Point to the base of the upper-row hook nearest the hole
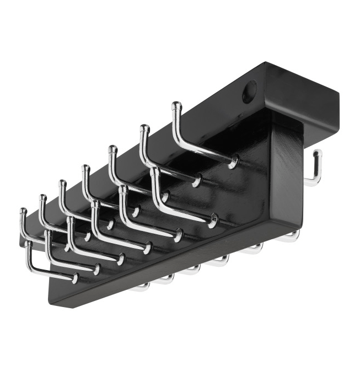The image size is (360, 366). click(x=234, y=161)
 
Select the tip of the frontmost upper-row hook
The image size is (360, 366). click(x=23, y=212)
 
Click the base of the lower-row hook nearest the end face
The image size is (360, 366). click(x=212, y=222)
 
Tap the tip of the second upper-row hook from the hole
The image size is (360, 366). click(x=144, y=129)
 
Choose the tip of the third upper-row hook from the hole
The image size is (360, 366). click(x=112, y=149)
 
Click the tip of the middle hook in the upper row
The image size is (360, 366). click(x=85, y=168)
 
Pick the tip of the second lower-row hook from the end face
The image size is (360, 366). click(x=123, y=189)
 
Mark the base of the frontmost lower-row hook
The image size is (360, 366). click(x=74, y=278)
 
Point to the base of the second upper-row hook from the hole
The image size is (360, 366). click(x=196, y=181)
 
